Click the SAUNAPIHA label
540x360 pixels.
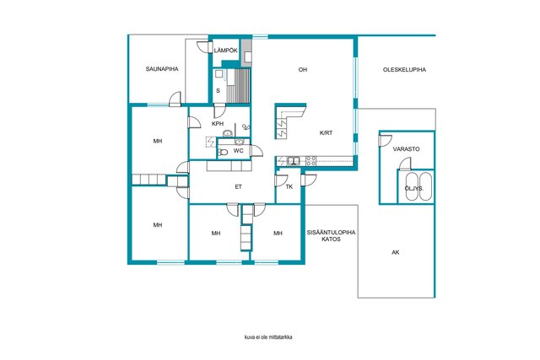pos(162,69)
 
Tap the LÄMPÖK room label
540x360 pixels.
pos(225,51)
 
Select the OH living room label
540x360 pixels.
pos(303,69)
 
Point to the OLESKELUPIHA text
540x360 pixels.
pos(404,69)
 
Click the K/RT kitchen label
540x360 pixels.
pos(327,133)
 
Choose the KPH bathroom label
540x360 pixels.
pos(218,124)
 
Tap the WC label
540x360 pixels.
pos(238,151)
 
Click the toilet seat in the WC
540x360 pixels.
pos(223,152)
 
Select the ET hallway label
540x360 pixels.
pos(238,187)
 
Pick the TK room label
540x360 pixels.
pos(289,187)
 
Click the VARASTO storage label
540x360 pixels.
pos(407,149)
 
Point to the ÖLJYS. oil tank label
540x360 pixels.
pos(414,189)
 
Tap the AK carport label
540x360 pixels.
pos(396,252)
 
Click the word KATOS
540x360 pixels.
pos(331,239)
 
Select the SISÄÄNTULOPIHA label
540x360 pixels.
pos(331,233)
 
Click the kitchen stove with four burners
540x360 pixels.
pos(311,161)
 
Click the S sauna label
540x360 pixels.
pos(218,91)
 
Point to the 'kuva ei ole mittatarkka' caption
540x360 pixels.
pos(268,337)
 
